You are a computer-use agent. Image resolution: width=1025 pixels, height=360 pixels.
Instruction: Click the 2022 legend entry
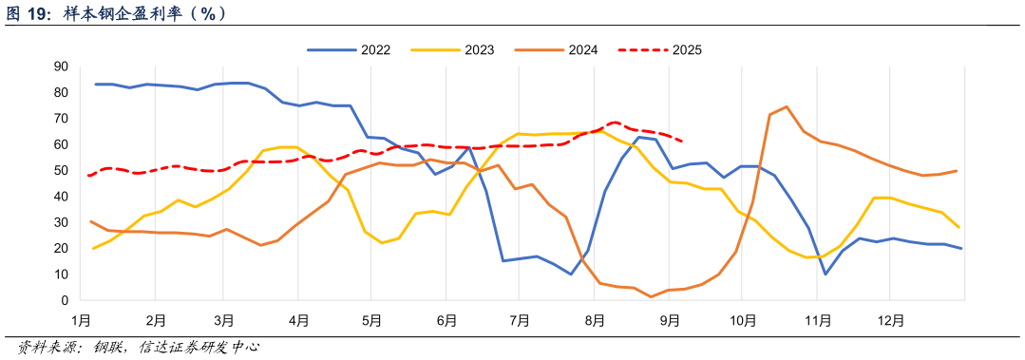pos(360,49)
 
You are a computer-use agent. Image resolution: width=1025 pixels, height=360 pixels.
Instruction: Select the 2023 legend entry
pos(464,49)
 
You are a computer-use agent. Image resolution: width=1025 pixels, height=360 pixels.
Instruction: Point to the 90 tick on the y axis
pos(61,66)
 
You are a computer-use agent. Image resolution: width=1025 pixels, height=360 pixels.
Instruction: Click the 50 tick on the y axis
pos(61,170)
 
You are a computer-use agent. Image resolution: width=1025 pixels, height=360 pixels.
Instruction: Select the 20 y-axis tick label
pos(61,248)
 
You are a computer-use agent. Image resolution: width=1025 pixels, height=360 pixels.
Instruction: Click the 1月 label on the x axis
pos(80,321)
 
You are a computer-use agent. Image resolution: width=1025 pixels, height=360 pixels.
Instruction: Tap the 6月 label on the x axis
pos(446,321)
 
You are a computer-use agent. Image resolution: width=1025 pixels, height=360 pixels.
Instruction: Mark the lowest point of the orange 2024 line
pos(652,296)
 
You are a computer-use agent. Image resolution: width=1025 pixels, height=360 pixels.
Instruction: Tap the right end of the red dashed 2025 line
pos(684,142)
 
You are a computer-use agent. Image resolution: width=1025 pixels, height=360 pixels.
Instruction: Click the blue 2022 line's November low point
pos(826,274)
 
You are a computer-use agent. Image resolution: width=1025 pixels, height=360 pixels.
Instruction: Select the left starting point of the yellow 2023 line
pos(93,248)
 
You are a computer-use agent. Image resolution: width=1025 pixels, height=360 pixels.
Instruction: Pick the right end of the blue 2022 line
pos(961,249)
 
